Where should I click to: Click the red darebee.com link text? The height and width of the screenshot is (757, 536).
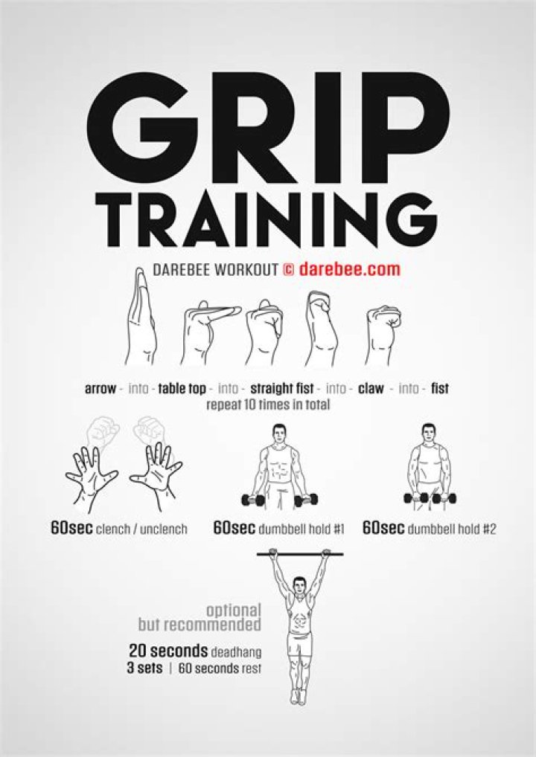350,269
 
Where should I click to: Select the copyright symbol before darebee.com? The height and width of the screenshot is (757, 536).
288,269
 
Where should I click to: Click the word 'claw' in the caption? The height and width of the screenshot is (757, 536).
372,389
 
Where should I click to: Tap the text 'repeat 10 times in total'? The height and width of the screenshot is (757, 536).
268,406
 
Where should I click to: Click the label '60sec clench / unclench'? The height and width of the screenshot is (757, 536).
119,529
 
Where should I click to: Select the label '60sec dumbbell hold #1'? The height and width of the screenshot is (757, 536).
278,529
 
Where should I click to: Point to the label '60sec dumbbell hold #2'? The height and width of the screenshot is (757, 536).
430,529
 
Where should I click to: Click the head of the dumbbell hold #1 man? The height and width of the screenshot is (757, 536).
279,433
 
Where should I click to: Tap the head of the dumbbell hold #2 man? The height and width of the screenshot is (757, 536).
428,433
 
